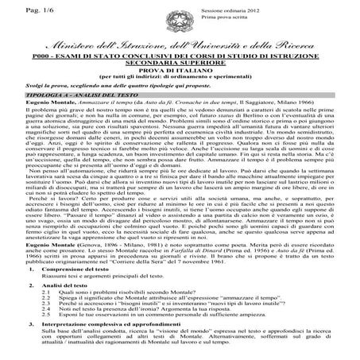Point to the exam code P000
(51, 60)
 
